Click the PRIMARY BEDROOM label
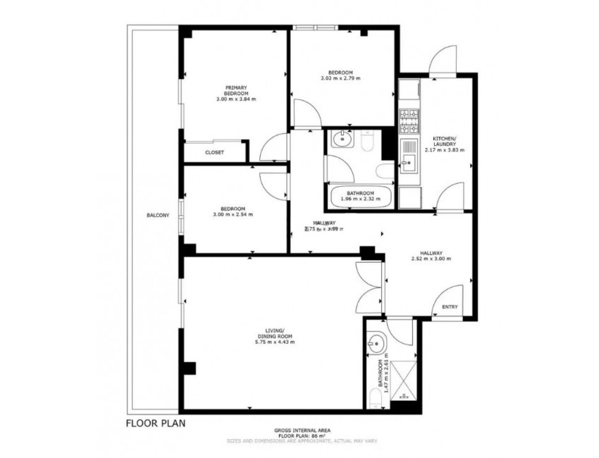click(235, 93)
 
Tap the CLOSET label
click(214, 152)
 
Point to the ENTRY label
click(449, 307)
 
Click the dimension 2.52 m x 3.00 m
click(431, 259)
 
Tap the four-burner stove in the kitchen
click(409, 122)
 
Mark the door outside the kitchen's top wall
click(444, 60)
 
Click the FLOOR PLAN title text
click(155, 424)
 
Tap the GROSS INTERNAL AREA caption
click(303, 430)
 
